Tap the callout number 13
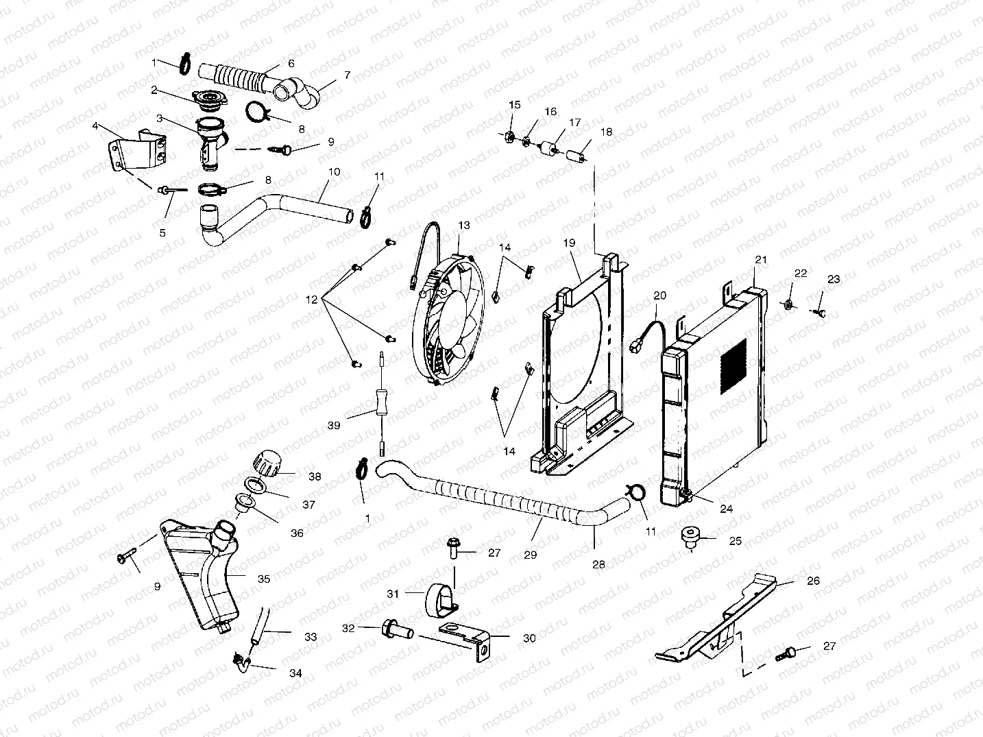click(x=464, y=226)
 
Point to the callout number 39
click(x=334, y=426)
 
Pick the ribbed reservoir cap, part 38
click(x=268, y=462)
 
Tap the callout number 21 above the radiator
click(x=761, y=260)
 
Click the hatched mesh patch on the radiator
click(x=733, y=365)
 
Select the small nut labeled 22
click(x=789, y=304)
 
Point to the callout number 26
click(x=813, y=581)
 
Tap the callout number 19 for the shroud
click(x=569, y=243)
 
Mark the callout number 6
click(x=291, y=63)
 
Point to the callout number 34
click(x=295, y=673)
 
